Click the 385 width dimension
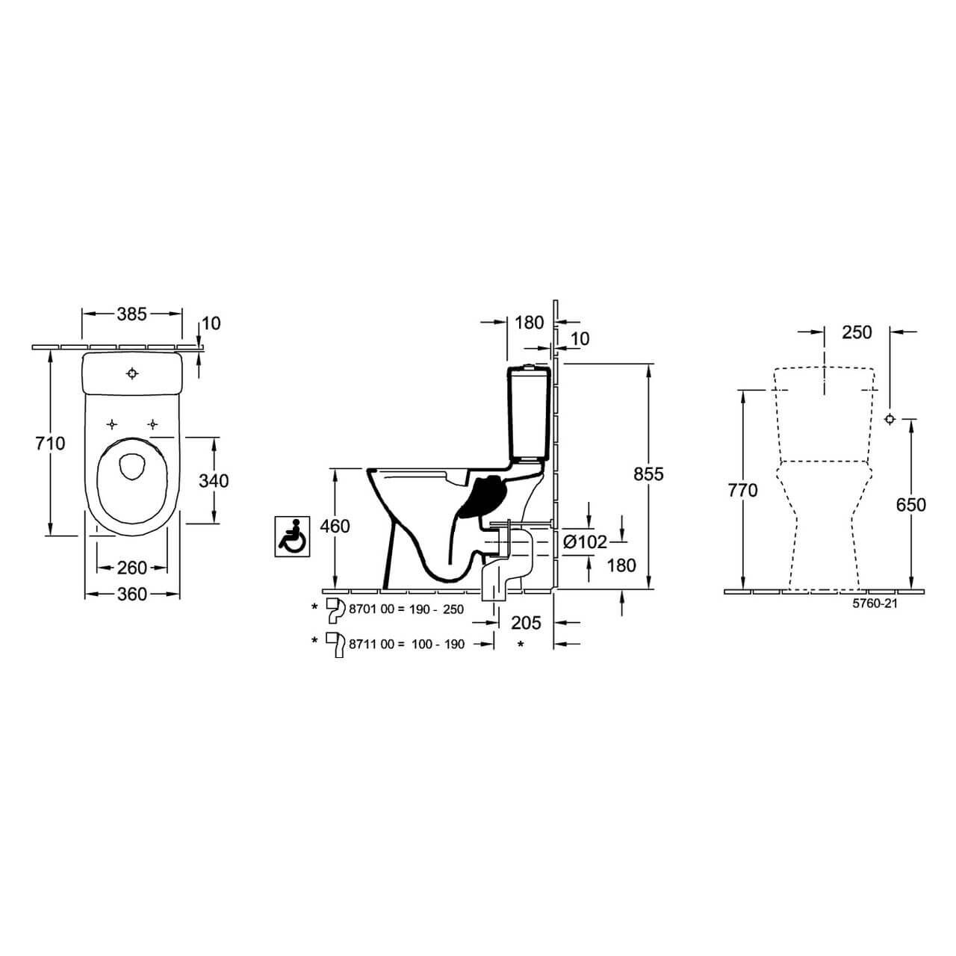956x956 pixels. point(131,314)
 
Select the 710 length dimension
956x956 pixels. point(50,444)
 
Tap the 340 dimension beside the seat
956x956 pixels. point(214,480)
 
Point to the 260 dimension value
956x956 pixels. point(132,568)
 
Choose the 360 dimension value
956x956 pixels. point(132,595)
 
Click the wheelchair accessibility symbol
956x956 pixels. point(291,535)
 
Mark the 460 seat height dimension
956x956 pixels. point(335,527)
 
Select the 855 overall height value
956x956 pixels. point(648,474)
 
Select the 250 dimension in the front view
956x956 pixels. point(857,332)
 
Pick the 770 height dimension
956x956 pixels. point(742,491)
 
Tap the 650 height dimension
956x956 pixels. point(910,505)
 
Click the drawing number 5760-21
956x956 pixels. point(875,603)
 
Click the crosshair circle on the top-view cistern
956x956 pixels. point(132,373)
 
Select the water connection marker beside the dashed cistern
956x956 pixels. point(890,418)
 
